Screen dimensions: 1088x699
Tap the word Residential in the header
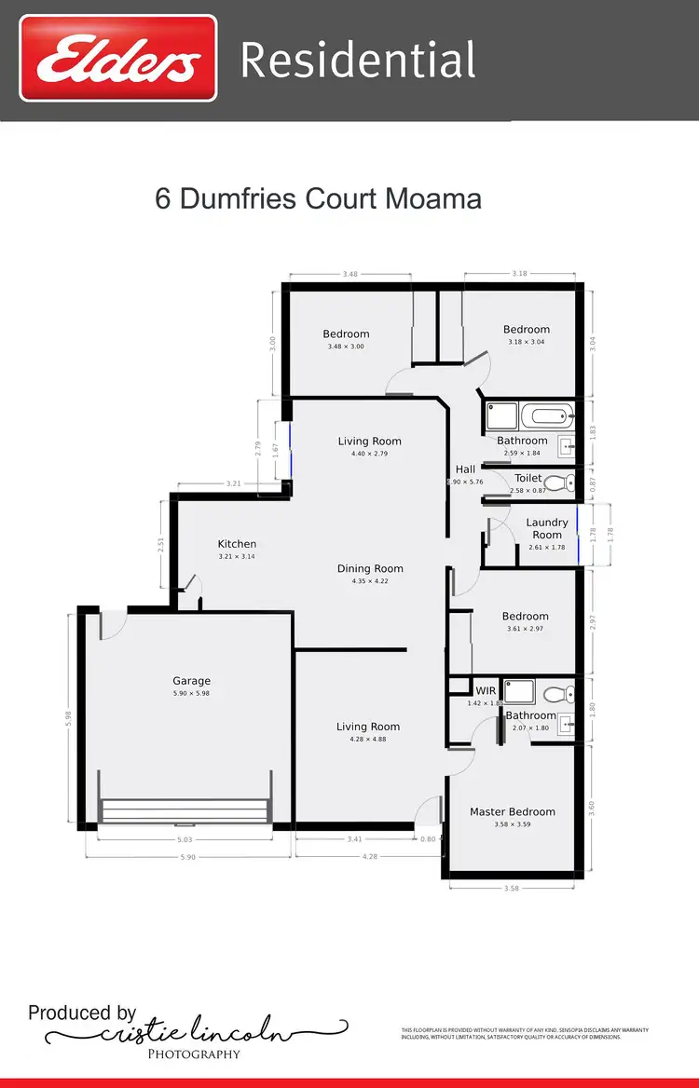[358, 61]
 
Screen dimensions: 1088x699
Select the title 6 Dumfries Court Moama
[318, 199]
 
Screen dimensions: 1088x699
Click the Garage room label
[191, 681]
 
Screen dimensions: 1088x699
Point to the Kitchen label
[237, 544]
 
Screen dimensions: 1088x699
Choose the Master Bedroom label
[512, 811]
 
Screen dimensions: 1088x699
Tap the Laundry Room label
[547, 528]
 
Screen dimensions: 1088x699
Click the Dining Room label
[370, 568]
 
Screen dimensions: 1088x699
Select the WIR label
[486, 690]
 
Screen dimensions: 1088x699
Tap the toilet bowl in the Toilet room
[556, 483]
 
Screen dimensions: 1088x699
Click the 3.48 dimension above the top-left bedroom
[350, 274]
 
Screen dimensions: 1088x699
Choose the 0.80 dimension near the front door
[428, 838]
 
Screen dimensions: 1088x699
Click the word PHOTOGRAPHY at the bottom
[194, 1054]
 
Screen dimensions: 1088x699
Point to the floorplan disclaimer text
[524, 1032]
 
